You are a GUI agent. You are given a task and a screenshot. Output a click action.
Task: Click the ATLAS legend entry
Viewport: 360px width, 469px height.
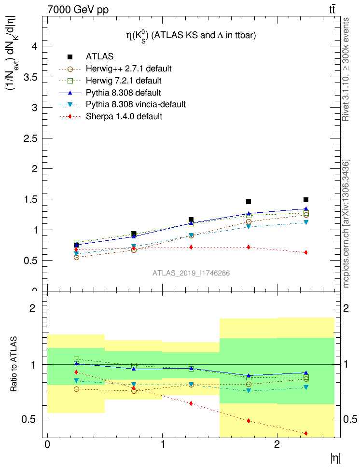coord(99,57)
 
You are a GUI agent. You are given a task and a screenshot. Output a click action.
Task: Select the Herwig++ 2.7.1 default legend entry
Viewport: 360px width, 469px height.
coord(128,69)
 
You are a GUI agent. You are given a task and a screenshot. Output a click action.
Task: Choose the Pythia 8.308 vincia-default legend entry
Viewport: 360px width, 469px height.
coord(135,104)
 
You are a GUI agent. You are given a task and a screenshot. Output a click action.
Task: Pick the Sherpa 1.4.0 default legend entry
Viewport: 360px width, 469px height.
coord(124,116)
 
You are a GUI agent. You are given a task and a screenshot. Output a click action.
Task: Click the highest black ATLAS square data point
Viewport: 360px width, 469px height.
coord(306,200)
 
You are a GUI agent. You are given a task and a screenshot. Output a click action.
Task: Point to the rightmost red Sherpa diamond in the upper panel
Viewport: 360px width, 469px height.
coord(306,252)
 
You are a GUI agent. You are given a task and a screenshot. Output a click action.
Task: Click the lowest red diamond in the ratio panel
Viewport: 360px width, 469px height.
coord(306,433)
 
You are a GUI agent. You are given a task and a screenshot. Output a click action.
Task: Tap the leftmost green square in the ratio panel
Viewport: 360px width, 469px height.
coord(76,359)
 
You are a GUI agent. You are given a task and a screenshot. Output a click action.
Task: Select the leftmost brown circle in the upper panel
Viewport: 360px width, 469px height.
coord(76,257)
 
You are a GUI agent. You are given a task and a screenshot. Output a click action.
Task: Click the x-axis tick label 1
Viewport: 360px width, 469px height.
coord(162,444)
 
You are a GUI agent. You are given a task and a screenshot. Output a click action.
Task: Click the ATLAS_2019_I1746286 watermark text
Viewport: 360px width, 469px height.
coord(191,273)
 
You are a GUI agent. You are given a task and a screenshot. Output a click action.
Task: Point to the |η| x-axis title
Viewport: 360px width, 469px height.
coord(335,459)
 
